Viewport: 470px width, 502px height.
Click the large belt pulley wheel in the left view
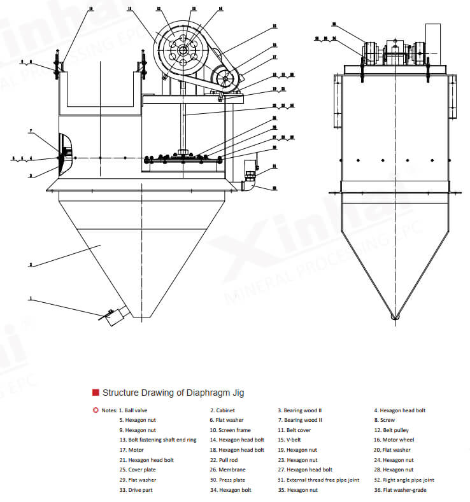coord(183,50)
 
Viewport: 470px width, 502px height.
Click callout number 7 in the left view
coord(30,131)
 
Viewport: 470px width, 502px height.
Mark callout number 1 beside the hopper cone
coord(29,298)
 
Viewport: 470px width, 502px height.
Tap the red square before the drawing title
coord(96,393)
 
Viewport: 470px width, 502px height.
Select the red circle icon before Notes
coord(96,410)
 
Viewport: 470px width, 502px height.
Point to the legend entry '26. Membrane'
coord(228,470)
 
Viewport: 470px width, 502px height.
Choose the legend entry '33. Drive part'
coord(136,490)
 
